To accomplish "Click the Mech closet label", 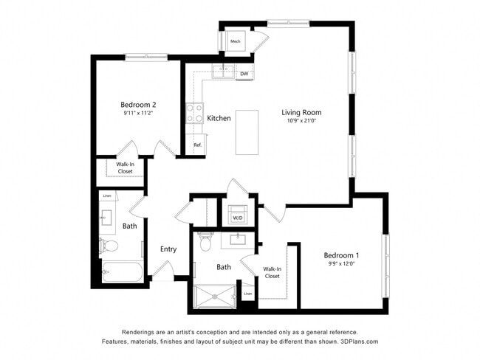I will pos(236,41).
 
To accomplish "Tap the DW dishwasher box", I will pos(244,74).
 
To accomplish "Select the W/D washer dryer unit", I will pos(238,218).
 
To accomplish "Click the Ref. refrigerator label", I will pos(198,145).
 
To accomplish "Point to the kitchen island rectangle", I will pos(247,132).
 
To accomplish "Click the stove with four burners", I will pos(195,113).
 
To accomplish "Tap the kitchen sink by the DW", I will pos(222,72).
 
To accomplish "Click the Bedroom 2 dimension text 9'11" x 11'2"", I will pos(139,114).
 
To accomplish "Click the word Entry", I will pos(168,249).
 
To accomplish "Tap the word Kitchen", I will pos(219,118).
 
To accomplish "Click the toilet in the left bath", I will pos(107,245).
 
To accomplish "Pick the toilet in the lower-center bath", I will pos(205,240).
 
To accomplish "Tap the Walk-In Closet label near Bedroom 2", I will pos(126,168).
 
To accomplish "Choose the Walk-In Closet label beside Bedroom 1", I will pos(272,271).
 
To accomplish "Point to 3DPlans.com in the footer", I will pos(357,342).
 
